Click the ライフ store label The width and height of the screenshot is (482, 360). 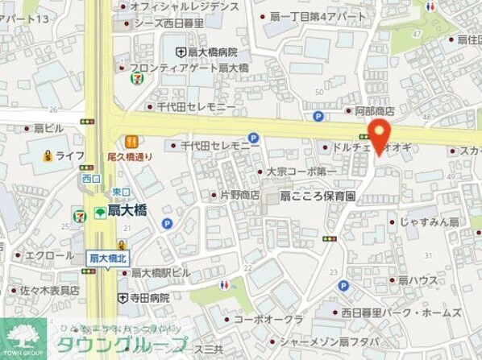[x=71, y=155]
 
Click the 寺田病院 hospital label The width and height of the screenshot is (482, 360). [x=149, y=297]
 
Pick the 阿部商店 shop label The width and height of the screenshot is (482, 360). [x=374, y=111]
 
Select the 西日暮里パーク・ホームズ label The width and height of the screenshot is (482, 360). [x=400, y=312]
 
